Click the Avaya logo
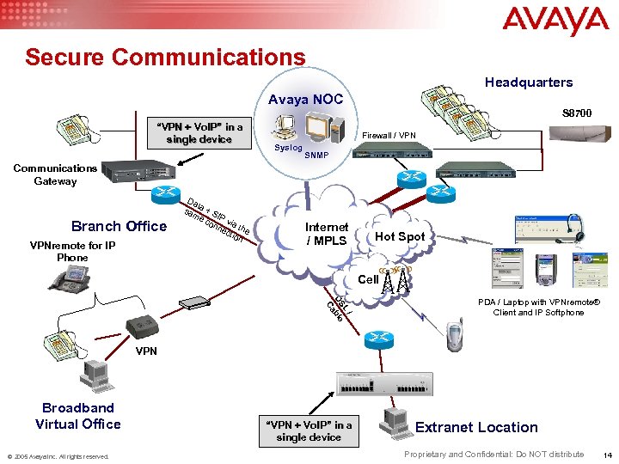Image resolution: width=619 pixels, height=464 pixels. click(x=555, y=21)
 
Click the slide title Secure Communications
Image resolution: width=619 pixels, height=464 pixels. click(x=165, y=57)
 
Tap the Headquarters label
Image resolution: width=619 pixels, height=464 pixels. click(x=528, y=82)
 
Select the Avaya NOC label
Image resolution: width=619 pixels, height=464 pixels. click(x=306, y=100)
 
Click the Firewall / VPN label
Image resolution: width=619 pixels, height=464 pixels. click(x=389, y=136)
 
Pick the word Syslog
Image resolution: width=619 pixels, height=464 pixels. click(x=288, y=148)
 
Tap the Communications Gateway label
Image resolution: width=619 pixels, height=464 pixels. click(x=55, y=174)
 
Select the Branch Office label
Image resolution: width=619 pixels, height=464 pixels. click(x=119, y=226)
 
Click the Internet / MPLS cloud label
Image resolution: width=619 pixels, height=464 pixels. click(x=327, y=234)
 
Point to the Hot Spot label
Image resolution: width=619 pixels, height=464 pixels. click(x=401, y=236)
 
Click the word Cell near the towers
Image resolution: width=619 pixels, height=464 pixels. click(x=368, y=279)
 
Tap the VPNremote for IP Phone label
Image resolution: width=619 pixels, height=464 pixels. click(x=72, y=251)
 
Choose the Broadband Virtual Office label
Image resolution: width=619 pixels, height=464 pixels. click(x=78, y=415)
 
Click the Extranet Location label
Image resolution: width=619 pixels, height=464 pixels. click(x=476, y=427)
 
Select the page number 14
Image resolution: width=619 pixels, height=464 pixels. click(x=608, y=455)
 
